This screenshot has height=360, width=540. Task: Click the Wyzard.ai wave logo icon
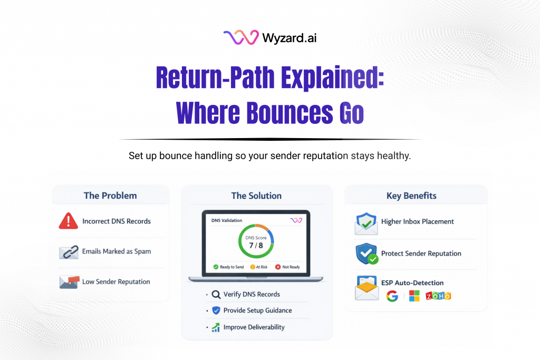pos(240,37)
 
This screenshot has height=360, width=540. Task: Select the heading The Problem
pos(110,196)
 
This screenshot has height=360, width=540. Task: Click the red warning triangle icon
pos(69,221)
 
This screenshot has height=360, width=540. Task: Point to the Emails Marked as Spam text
pos(117,251)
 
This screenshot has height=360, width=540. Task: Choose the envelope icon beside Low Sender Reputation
pos(69,281)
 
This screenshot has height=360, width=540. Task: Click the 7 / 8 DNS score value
pos(256,246)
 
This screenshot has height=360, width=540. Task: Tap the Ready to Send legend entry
pos(229,267)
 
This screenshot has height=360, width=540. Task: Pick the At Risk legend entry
pos(259,267)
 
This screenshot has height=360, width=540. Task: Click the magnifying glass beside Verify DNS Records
pos(216,295)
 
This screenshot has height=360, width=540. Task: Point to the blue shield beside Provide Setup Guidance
pos(216,310)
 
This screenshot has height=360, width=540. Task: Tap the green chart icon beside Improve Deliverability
pos(216,327)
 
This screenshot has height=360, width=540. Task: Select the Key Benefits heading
pos(411,196)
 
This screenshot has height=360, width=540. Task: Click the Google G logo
pos(392,296)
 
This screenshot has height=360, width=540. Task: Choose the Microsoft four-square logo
pos(414,296)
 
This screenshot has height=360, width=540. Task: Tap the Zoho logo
pos(438,296)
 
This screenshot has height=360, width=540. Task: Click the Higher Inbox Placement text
pos(418,222)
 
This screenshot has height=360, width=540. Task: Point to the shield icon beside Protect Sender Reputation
pos(366,254)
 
